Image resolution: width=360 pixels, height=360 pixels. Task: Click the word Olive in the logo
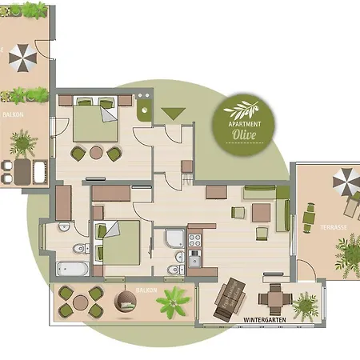point(244,134)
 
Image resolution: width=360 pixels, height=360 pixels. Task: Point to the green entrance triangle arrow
point(173,114)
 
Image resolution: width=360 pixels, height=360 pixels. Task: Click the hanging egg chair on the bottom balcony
point(125,302)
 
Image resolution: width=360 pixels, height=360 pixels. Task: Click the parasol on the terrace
point(346,182)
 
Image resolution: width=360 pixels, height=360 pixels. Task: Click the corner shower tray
point(172,239)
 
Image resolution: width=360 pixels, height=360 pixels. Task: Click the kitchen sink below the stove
point(194,258)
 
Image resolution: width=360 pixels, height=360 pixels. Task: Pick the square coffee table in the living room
point(261,213)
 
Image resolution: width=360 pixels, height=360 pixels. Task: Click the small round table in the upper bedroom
point(96,153)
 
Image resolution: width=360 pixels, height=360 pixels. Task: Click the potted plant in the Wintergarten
point(305,305)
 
